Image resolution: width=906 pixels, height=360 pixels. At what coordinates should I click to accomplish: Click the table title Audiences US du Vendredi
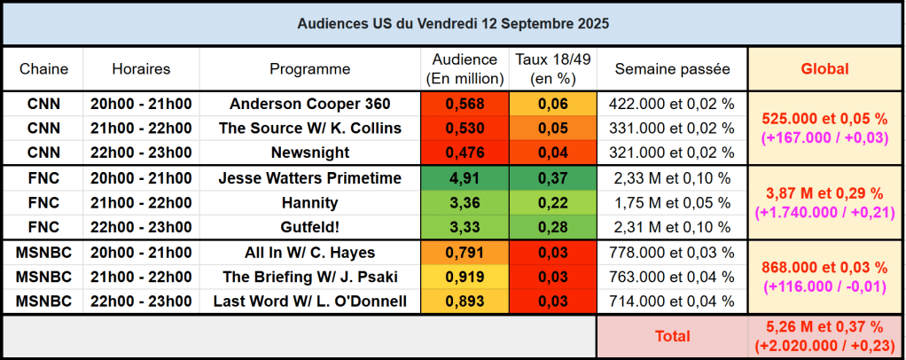(x=452, y=23)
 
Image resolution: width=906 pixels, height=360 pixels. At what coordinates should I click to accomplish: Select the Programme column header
(x=309, y=69)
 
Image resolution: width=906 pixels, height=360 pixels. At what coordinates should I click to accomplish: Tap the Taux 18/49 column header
(x=552, y=69)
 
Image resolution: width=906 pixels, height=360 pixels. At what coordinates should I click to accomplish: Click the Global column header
(x=824, y=69)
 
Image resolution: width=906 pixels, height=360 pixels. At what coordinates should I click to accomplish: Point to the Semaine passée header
(x=672, y=69)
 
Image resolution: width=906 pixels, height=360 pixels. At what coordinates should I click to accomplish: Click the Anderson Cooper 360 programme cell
(x=309, y=104)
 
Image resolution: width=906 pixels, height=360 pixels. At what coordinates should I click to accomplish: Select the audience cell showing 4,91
(x=465, y=178)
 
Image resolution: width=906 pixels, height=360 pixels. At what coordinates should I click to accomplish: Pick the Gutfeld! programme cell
(x=309, y=227)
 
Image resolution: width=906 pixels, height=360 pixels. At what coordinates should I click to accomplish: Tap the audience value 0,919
(x=465, y=277)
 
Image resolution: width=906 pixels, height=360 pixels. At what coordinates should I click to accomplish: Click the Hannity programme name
(x=309, y=203)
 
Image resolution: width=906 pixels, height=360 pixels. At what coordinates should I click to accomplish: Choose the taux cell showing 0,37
(x=552, y=178)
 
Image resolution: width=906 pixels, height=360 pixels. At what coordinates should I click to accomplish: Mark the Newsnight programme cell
(x=309, y=153)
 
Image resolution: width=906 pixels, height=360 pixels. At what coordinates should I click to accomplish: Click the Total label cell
(x=672, y=337)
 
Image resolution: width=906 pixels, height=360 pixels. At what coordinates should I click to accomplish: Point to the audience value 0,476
(x=465, y=153)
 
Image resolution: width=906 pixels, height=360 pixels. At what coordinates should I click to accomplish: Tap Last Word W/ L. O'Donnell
(x=309, y=301)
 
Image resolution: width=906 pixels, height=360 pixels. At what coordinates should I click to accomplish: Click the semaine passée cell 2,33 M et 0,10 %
(x=672, y=178)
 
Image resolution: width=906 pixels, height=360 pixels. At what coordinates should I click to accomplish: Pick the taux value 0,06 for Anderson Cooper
(x=552, y=104)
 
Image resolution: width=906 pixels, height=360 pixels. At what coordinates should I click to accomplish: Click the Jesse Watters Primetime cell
(x=309, y=178)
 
